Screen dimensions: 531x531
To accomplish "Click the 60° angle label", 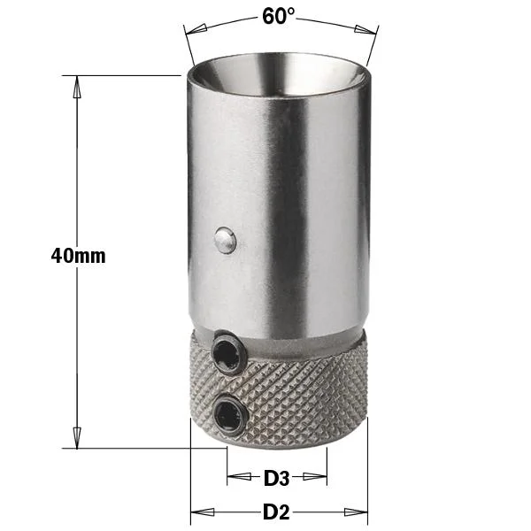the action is click(279, 16).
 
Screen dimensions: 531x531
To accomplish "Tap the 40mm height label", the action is click(78, 256).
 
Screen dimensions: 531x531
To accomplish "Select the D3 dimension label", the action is click(277, 478).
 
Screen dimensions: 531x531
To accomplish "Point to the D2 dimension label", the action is click(276, 512).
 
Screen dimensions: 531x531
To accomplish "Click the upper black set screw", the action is click(227, 353).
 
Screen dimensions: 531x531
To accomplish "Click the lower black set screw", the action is click(229, 414).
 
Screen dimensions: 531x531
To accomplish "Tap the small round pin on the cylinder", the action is click(225, 240).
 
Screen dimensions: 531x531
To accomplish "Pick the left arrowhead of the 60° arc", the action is click(196, 29).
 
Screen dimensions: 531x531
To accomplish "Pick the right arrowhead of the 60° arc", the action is click(366, 29).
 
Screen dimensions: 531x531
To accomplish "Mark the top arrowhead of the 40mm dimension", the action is click(77, 87).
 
